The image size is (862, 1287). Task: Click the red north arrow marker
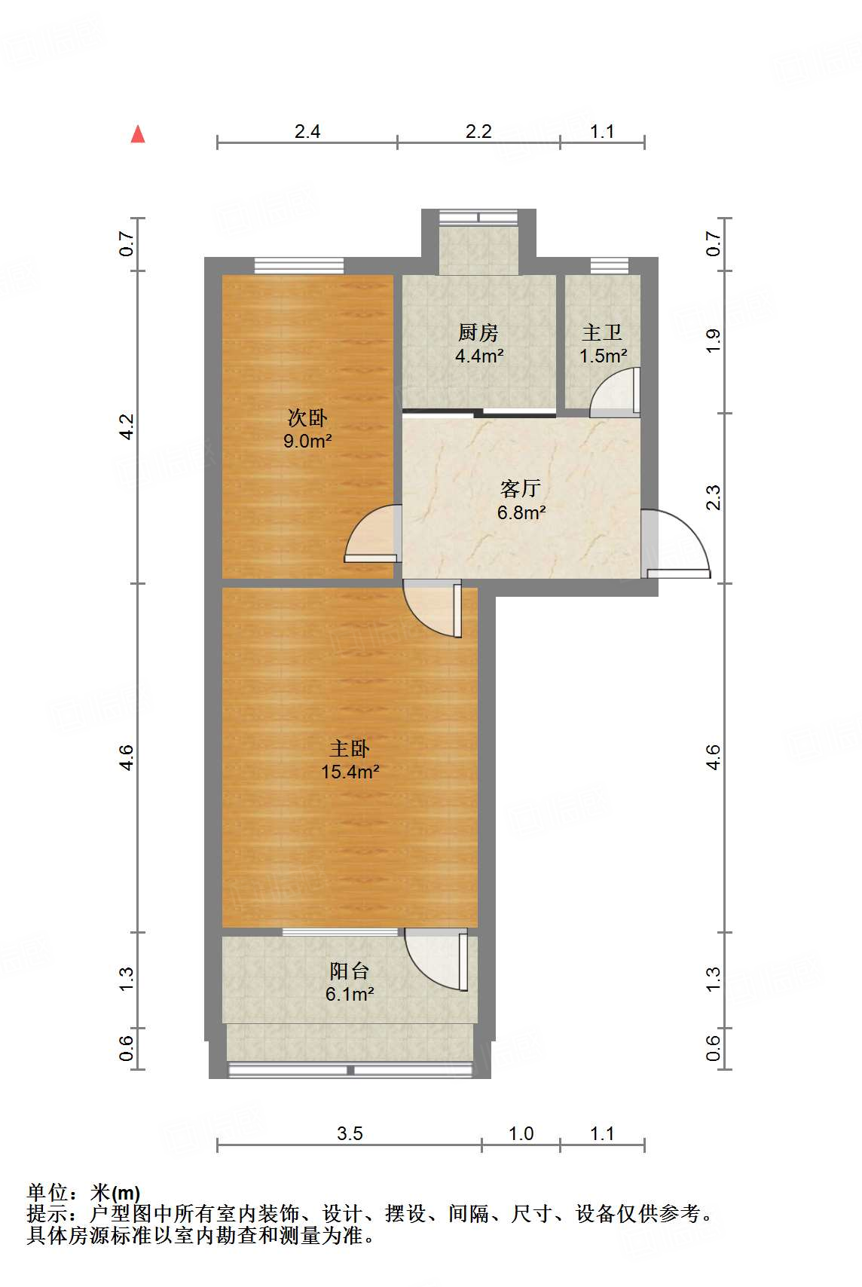(x=138, y=134)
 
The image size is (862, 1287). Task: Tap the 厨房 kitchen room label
(x=478, y=332)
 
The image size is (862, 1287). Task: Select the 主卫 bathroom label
(x=602, y=332)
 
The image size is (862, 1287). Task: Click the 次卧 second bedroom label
(x=307, y=417)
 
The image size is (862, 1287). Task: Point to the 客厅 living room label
(x=520, y=488)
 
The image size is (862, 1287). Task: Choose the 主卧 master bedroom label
(x=350, y=748)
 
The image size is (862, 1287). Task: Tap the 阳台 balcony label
(x=350, y=971)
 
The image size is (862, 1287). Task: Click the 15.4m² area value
(x=350, y=772)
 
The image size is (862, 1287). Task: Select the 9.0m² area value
(x=307, y=441)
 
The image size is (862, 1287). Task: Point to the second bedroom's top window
(x=298, y=265)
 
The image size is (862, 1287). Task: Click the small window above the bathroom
(x=609, y=265)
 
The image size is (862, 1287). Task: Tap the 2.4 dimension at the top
(x=307, y=132)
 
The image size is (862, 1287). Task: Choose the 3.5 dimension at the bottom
(x=350, y=1133)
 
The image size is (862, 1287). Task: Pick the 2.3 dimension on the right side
(x=713, y=498)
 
